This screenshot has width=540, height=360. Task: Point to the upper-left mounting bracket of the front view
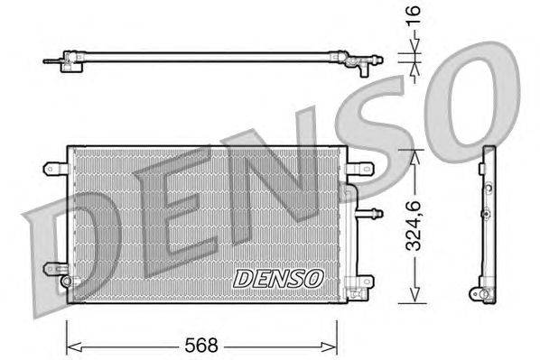coord(54,166)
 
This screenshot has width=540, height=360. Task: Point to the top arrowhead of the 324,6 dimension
coord(414,154)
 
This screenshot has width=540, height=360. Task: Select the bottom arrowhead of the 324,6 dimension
coord(414,297)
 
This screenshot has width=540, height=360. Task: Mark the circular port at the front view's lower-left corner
coord(66,281)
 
